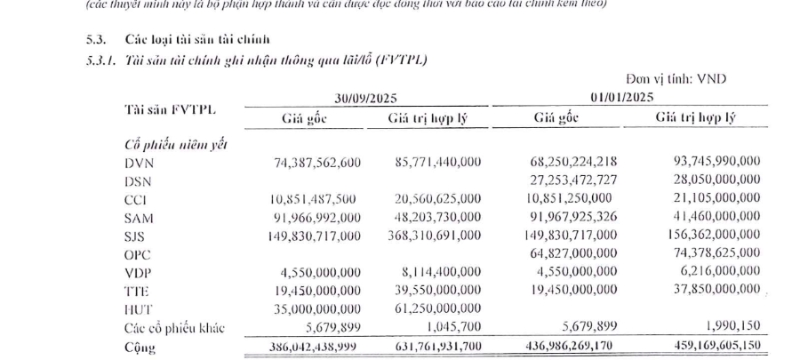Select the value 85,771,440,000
[x=436, y=164]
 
